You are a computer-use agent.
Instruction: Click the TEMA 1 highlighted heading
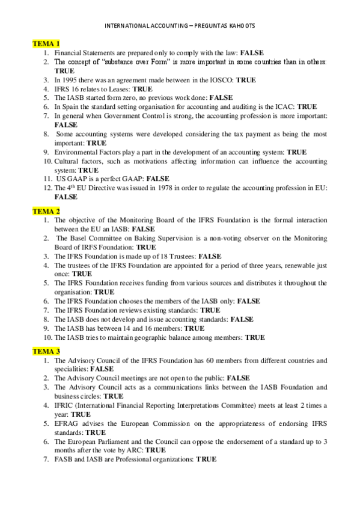coord(46,44)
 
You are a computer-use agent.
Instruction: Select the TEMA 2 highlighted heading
coord(46,211)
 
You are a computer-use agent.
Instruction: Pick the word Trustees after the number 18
coord(179,256)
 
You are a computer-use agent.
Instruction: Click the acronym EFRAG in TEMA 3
coord(67,423)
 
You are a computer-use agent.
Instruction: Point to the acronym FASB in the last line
coord(64,459)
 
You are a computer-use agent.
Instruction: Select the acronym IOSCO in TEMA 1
coord(218,79)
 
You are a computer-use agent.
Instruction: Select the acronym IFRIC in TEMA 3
coord(65,405)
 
